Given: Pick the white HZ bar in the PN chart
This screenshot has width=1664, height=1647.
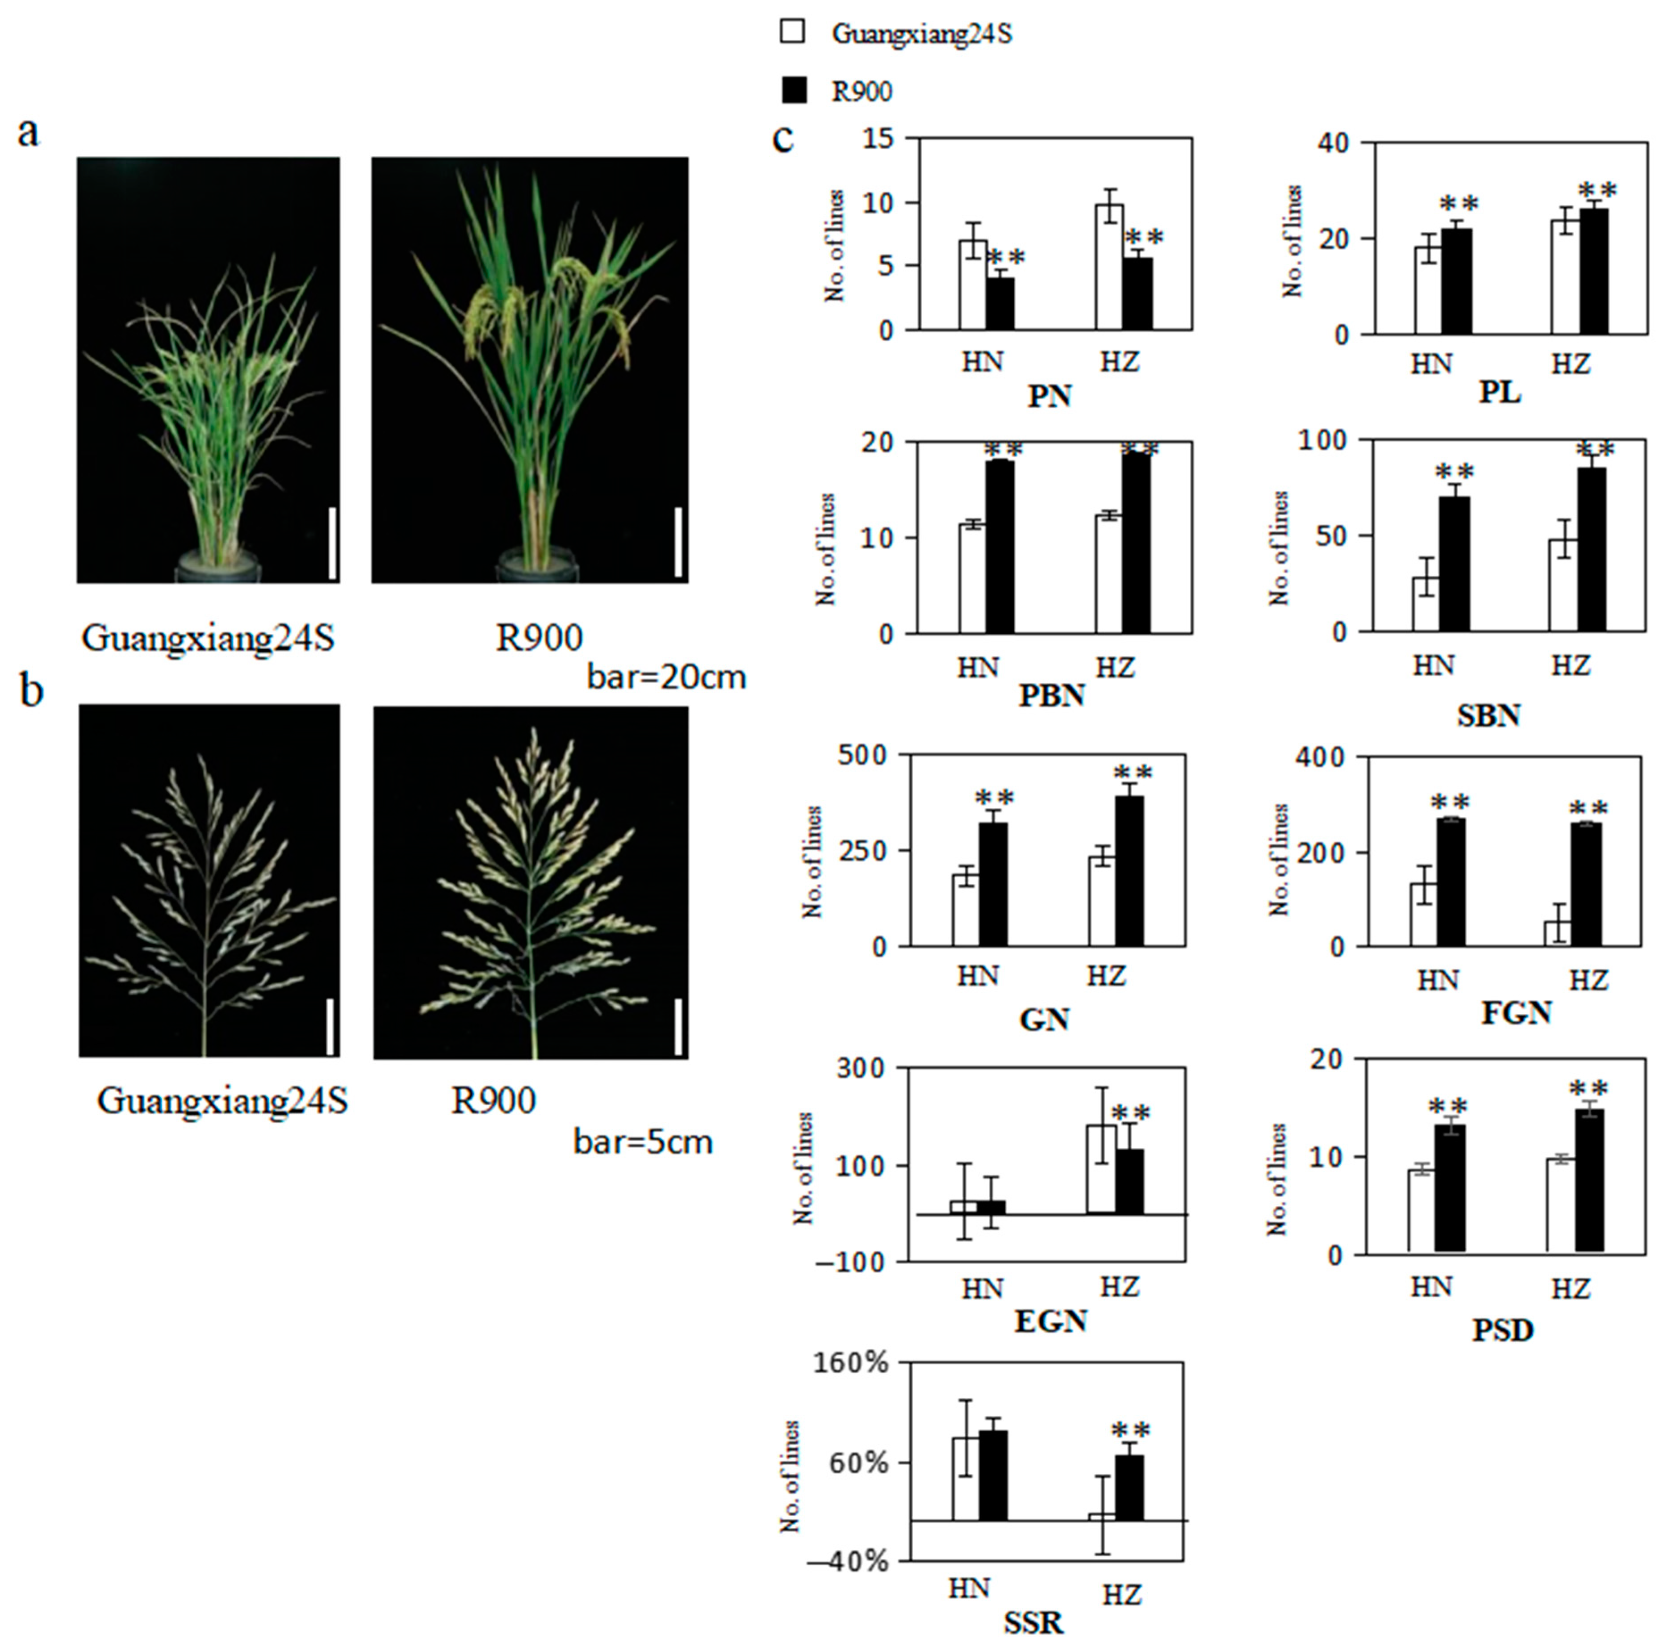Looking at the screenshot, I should tap(1109, 267).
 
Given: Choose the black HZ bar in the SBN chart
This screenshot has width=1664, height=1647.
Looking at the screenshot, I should tap(1592, 550).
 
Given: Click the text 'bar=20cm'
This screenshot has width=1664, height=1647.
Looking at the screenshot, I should tap(666, 677).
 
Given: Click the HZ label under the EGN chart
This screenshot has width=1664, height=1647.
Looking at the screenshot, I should tap(1120, 1287).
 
